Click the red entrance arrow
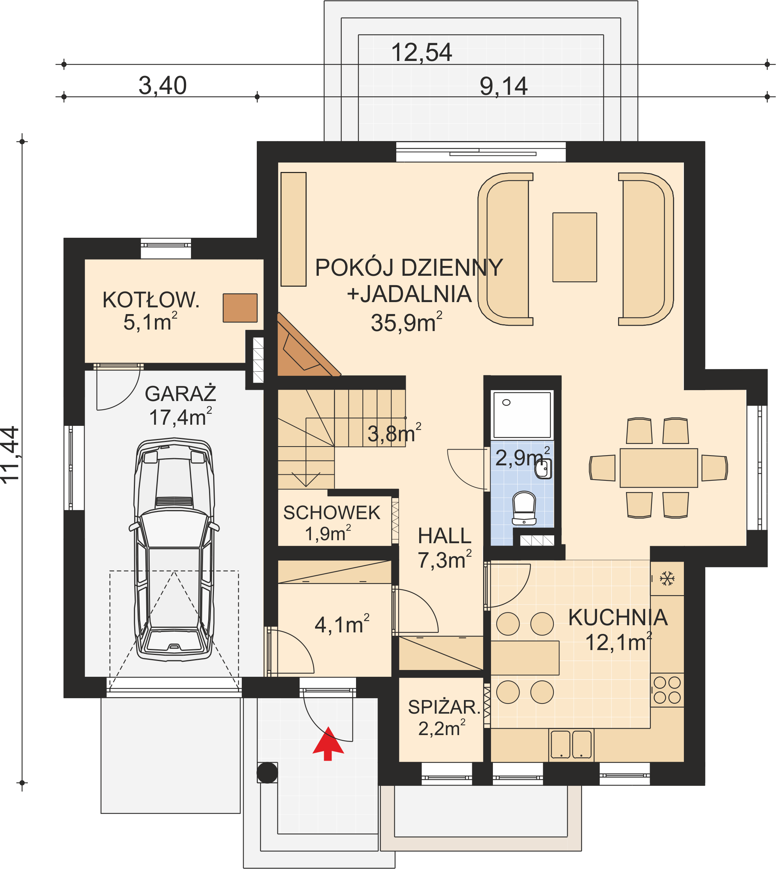tap(328, 744)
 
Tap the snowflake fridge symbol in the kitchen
tap(667, 579)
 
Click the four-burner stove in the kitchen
tap(667, 690)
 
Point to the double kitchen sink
tap(571, 744)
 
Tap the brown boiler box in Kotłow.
tap(240, 308)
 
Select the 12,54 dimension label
tap(421, 52)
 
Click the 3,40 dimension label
tap(162, 85)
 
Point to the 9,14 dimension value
tap(503, 86)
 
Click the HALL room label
tap(444, 536)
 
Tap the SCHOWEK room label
tap(332, 513)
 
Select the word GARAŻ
tap(180, 393)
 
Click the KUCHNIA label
tap(618, 617)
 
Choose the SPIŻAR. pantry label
tap(444, 707)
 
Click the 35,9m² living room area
tap(406, 322)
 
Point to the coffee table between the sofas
tap(574, 247)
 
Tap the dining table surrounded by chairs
tap(659, 468)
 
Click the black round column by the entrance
tap(267, 773)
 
